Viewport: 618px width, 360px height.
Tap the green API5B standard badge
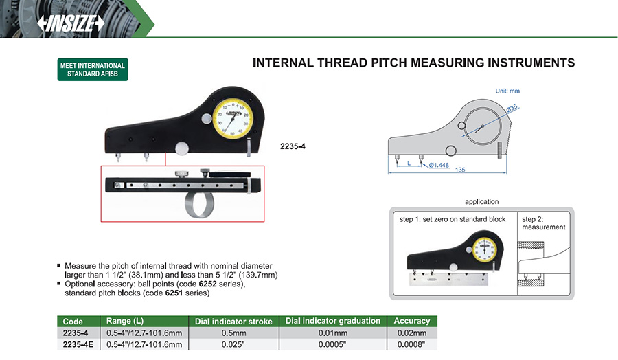[x=93, y=70]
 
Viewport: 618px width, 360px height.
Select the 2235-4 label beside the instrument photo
[x=293, y=146]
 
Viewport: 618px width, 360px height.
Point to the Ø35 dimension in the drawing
[x=512, y=107]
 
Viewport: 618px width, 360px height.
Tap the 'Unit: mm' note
[x=507, y=91]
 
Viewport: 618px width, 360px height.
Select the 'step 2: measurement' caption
[x=543, y=223]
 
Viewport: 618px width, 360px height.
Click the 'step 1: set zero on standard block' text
[x=453, y=219]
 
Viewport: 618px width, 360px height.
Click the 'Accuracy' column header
[x=412, y=321]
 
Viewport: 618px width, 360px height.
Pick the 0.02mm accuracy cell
[x=412, y=333]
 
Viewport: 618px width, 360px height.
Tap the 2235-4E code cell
[x=76, y=344]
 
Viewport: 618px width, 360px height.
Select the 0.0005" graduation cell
[x=332, y=344]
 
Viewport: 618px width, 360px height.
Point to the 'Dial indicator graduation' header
[x=332, y=321]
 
